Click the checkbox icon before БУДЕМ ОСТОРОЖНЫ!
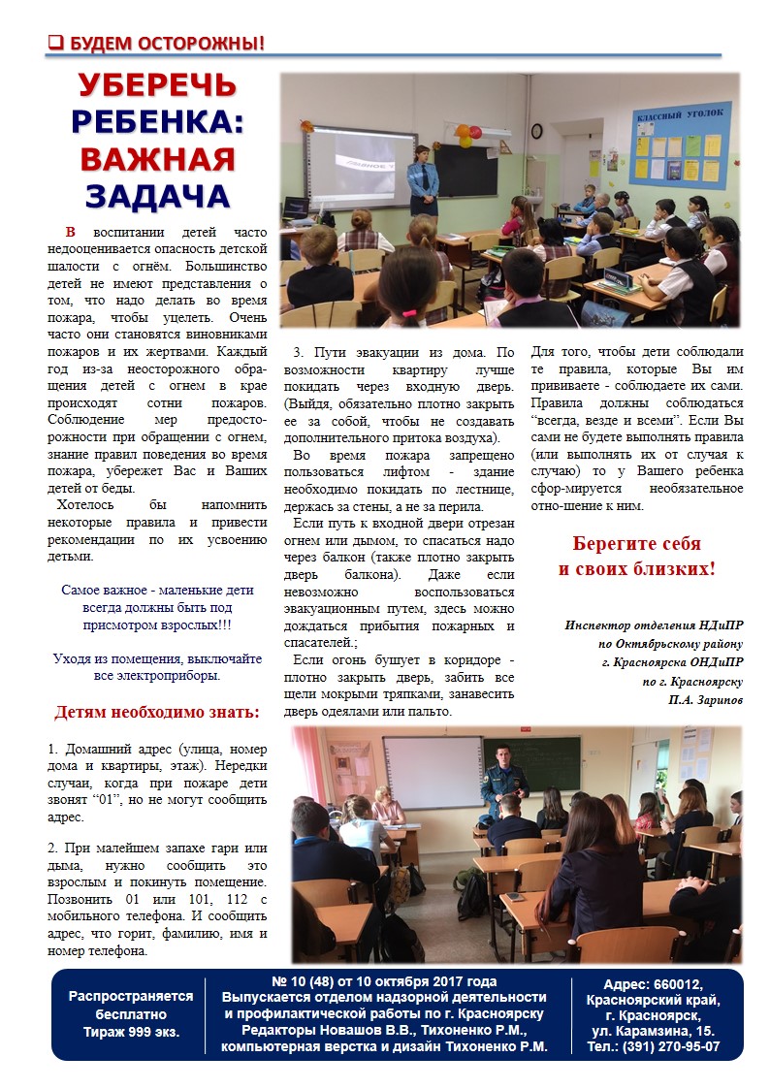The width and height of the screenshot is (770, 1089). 56,43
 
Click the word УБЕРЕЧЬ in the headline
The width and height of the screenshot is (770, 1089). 157,85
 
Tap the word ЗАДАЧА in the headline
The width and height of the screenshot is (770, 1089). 157,195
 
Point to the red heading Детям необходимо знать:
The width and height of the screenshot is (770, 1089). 157,713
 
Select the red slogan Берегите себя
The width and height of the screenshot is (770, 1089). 636,543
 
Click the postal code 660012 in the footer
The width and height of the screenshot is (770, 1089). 691,984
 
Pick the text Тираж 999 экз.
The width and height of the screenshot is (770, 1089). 124,1031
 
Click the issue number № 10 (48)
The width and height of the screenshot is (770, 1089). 305,980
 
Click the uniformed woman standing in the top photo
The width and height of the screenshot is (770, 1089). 424,179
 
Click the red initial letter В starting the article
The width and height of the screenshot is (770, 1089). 71,233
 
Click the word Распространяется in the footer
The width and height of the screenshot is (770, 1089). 124,996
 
